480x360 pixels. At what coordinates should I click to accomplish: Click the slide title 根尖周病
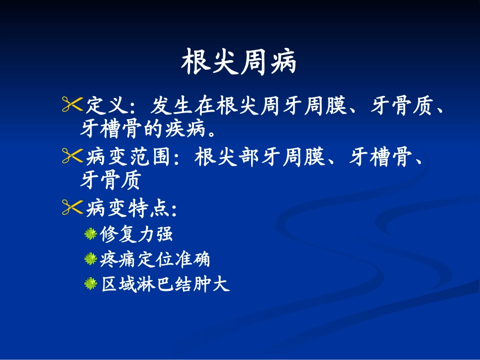(x=239, y=63)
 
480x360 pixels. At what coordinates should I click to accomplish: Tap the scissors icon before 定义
(x=72, y=104)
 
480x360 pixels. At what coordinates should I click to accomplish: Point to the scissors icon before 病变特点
(x=72, y=207)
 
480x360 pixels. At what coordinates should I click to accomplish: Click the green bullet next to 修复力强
(x=91, y=234)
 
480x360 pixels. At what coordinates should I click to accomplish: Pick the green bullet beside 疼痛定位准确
(x=91, y=260)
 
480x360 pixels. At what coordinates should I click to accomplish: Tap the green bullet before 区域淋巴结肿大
(x=91, y=285)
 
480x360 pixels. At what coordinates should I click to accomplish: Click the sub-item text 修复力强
(x=137, y=234)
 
